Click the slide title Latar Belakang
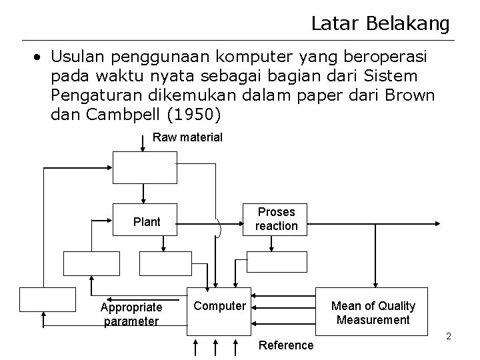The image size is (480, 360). (380, 24)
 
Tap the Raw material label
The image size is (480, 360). (187, 137)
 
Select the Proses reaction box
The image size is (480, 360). (277, 219)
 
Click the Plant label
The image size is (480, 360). (147, 222)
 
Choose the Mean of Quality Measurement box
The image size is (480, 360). (373, 313)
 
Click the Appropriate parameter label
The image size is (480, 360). (131, 314)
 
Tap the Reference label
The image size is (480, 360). (286, 345)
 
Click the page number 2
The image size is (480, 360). (449, 336)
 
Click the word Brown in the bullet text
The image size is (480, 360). (410, 95)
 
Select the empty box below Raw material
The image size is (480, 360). (145, 167)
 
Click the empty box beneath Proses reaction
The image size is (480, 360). (277, 263)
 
